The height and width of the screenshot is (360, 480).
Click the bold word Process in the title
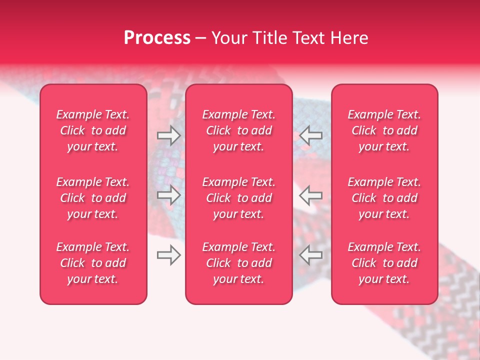[x=157, y=38]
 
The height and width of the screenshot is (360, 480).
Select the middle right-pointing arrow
[x=168, y=195]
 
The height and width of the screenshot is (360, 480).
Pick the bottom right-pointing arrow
[x=168, y=255]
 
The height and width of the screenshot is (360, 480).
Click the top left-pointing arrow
[x=310, y=135]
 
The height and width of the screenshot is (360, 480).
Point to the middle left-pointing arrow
[x=310, y=195]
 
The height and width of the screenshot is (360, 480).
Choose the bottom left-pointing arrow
[x=310, y=255]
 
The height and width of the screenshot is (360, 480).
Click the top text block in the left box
[x=93, y=130]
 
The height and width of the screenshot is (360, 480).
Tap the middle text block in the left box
[x=93, y=198]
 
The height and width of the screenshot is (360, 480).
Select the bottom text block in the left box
[x=93, y=263]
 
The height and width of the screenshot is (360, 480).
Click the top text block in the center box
[x=238, y=130]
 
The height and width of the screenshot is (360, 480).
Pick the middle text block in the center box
[x=238, y=198]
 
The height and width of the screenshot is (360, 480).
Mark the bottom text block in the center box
[x=238, y=263]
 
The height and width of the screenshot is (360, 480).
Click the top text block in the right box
[x=384, y=130]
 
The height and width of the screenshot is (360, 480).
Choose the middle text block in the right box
[x=384, y=198]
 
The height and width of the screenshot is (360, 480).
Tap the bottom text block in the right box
[x=384, y=263]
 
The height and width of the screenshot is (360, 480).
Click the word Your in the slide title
[x=229, y=38]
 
